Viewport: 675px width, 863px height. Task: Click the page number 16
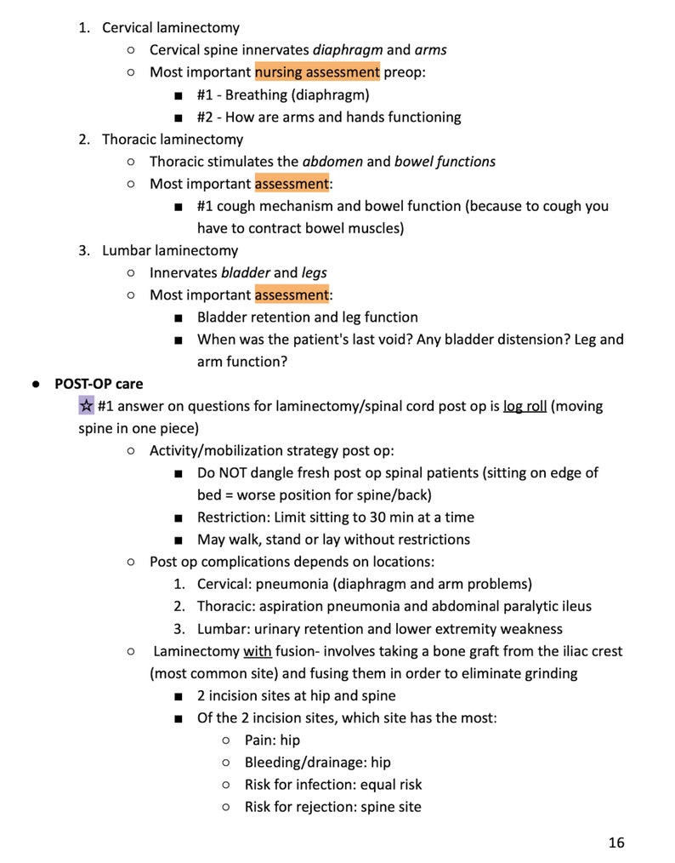[x=616, y=843]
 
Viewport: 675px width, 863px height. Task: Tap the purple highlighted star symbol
[x=86, y=405]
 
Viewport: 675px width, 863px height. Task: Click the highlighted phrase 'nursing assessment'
[x=317, y=72]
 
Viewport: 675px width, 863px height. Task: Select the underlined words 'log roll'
[x=525, y=406]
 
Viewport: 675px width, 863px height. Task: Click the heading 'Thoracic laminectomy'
[x=173, y=139]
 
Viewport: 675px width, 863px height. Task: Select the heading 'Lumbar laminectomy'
[x=170, y=250]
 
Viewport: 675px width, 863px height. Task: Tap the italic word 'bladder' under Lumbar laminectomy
[x=245, y=272]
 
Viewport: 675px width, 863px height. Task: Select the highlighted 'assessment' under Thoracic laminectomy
[x=292, y=183]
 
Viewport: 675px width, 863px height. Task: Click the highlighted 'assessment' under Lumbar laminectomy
[x=292, y=294]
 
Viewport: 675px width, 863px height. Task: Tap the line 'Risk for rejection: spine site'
[x=332, y=806]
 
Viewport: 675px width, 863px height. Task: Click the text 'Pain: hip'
[x=272, y=740]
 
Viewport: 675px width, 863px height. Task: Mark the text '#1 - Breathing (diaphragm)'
[x=283, y=94]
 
